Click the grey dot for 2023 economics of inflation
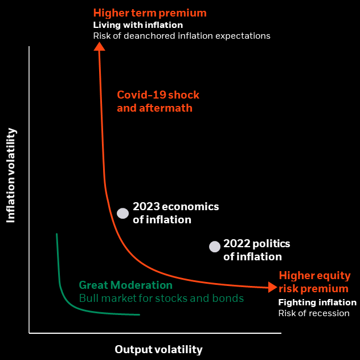coord(122,213)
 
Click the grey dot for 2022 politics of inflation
coord(214,247)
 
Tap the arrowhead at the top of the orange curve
coord(99,46)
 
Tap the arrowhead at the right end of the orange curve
coord(272,288)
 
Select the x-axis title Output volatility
coord(158,349)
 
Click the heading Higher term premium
coord(150,13)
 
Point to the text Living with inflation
coord(138,24)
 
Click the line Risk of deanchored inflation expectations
coord(182,35)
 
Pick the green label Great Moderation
coord(125,285)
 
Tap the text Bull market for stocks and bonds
coord(161,298)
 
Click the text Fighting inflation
coord(317,302)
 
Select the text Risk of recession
coord(313,313)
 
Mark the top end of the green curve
coord(56,234)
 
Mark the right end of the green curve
coord(139,314)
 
